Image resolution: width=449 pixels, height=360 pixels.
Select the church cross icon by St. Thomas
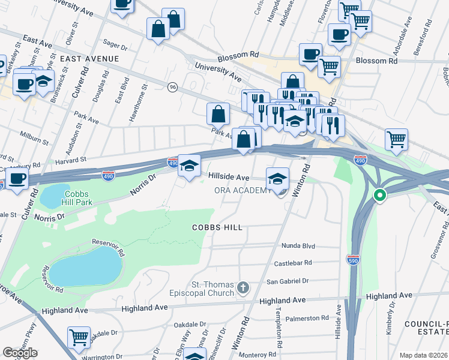pos(243,288)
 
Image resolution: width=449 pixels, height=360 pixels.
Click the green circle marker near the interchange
pos(379,195)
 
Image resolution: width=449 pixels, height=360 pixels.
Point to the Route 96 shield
pos(173,87)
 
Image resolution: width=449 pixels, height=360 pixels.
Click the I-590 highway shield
pos(353,259)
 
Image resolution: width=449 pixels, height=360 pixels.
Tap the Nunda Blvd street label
pos(298,246)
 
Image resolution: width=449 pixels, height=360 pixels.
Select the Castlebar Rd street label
pos(294,263)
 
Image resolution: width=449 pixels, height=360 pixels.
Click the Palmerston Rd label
pos(307,319)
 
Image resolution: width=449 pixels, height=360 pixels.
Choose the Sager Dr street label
pos(116,45)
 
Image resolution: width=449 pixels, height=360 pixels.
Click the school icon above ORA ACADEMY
pos(277,178)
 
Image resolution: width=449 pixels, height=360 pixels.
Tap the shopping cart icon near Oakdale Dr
pos(79,337)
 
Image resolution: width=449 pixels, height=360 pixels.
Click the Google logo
pos(20,353)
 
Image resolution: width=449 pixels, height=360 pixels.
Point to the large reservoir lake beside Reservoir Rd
pos(84,266)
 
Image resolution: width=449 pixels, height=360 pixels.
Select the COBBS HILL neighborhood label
pos(217,227)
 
